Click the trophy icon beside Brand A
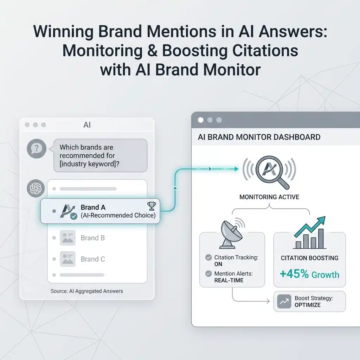tap(152, 206)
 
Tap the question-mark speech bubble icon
tap(37, 149)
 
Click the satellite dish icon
tap(231, 232)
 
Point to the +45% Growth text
tap(309, 274)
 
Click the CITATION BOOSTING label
tap(309, 258)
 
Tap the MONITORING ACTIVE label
tap(269, 197)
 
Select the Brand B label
tap(93, 238)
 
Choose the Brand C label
tap(93, 259)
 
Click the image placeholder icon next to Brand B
tap(67, 238)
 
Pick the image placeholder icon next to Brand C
tap(67, 259)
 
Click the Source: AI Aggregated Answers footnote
tap(87, 291)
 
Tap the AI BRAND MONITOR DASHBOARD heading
tap(259, 137)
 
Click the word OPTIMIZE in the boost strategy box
tap(308, 305)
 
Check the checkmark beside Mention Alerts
tap(208, 274)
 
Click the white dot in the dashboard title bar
tap(201, 120)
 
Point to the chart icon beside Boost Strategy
tap(284, 302)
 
